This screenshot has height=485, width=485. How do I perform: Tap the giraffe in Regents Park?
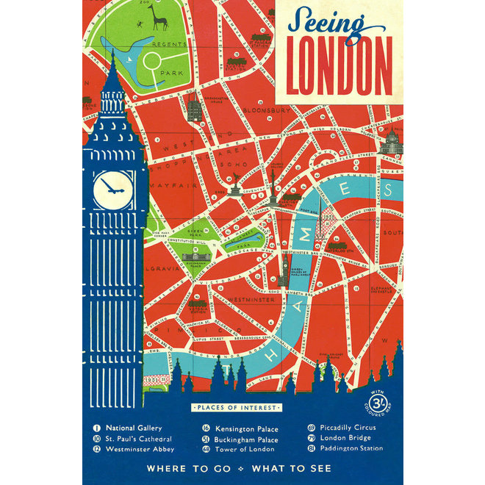point(159,17)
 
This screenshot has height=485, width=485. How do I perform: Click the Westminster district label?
point(244,299)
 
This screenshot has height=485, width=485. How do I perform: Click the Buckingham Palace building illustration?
point(195,258)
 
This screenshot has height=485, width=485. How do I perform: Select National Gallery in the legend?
point(133,428)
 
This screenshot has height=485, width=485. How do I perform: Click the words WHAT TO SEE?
point(291,468)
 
